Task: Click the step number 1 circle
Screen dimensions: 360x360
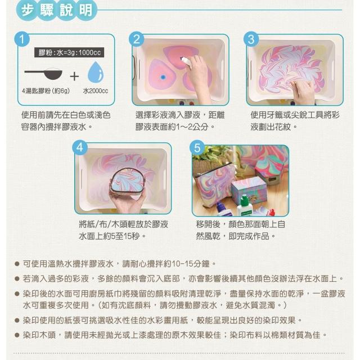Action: coord(22,39)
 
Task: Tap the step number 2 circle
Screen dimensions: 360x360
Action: coord(136,39)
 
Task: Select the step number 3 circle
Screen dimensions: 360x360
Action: coord(251,39)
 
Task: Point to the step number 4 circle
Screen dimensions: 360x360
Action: coord(80,147)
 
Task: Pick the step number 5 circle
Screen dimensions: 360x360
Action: coord(197,147)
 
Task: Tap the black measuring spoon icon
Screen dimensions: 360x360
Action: coord(44,74)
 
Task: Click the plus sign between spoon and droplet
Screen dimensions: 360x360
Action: coord(74,76)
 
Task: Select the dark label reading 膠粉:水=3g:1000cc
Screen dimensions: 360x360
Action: coord(69,52)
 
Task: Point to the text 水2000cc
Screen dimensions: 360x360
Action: coord(96,91)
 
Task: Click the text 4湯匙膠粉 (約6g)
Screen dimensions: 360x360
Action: coord(46,91)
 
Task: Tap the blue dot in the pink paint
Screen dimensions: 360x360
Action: coord(163,77)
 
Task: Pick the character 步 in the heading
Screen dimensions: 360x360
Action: coord(28,10)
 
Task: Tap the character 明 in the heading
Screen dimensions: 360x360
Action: coord(85,10)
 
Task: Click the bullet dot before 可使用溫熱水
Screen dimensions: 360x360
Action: coord(16,264)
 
